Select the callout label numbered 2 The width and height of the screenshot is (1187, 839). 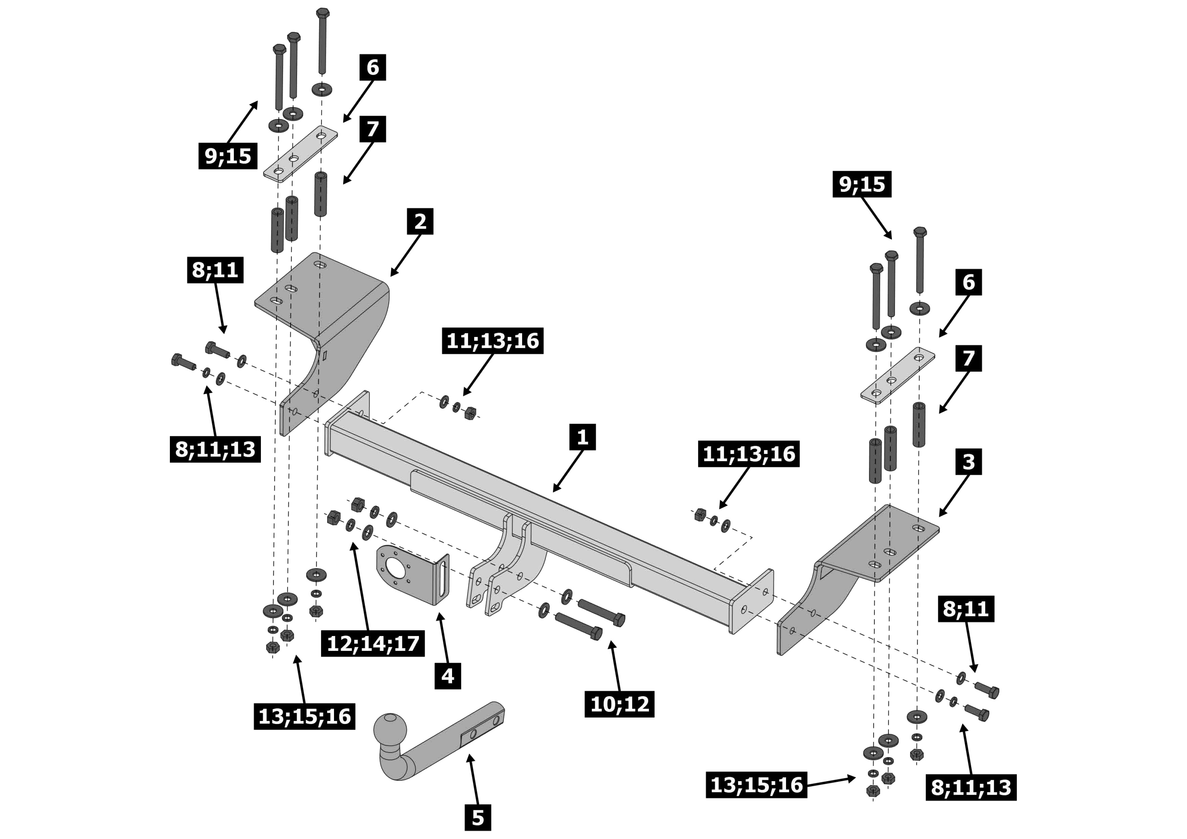click(420, 221)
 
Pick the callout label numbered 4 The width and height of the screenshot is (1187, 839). click(448, 676)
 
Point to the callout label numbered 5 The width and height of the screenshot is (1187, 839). click(478, 817)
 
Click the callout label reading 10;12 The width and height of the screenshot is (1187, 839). click(619, 704)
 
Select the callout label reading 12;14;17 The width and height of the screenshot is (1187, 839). click(373, 643)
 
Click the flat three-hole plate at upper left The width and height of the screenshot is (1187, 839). click(300, 154)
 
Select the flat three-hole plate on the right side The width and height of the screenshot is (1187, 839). click(897, 375)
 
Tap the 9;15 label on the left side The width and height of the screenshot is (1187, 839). click(228, 156)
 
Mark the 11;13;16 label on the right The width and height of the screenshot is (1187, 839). click(748, 454)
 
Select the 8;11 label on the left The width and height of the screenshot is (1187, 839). click(215, 270)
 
